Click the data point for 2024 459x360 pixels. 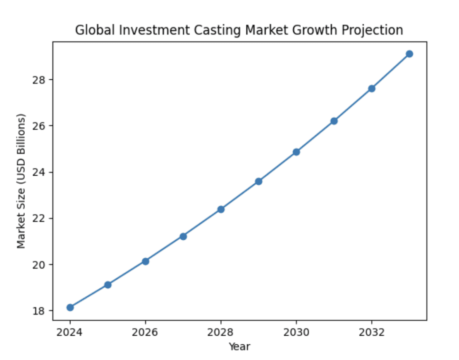[70, 307]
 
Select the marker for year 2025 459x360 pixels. [108, 284]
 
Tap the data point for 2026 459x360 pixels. [145, 261]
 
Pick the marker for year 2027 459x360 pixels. [183, 236]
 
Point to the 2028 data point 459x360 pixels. [221, 209]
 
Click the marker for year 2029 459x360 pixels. [258, 181]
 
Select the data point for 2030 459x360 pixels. [296, 152]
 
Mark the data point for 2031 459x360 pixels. [334, 121]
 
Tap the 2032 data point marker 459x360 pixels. [371, 88]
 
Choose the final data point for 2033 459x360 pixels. [409, 54]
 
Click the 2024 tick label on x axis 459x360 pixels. [70, 332]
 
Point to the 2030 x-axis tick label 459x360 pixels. [296, 332]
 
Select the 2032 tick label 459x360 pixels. [371, 332]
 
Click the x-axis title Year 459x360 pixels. [239, 346]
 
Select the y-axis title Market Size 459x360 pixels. [22, 181]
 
